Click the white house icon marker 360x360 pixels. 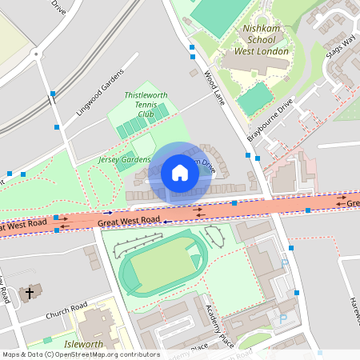pos(180,172)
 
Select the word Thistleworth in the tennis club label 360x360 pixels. pos(146,95)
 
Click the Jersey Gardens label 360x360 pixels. pos(124,160)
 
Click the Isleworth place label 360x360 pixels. pos(83,344)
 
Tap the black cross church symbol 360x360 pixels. pos(30,294)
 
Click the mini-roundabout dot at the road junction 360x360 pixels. pos(36,54)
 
